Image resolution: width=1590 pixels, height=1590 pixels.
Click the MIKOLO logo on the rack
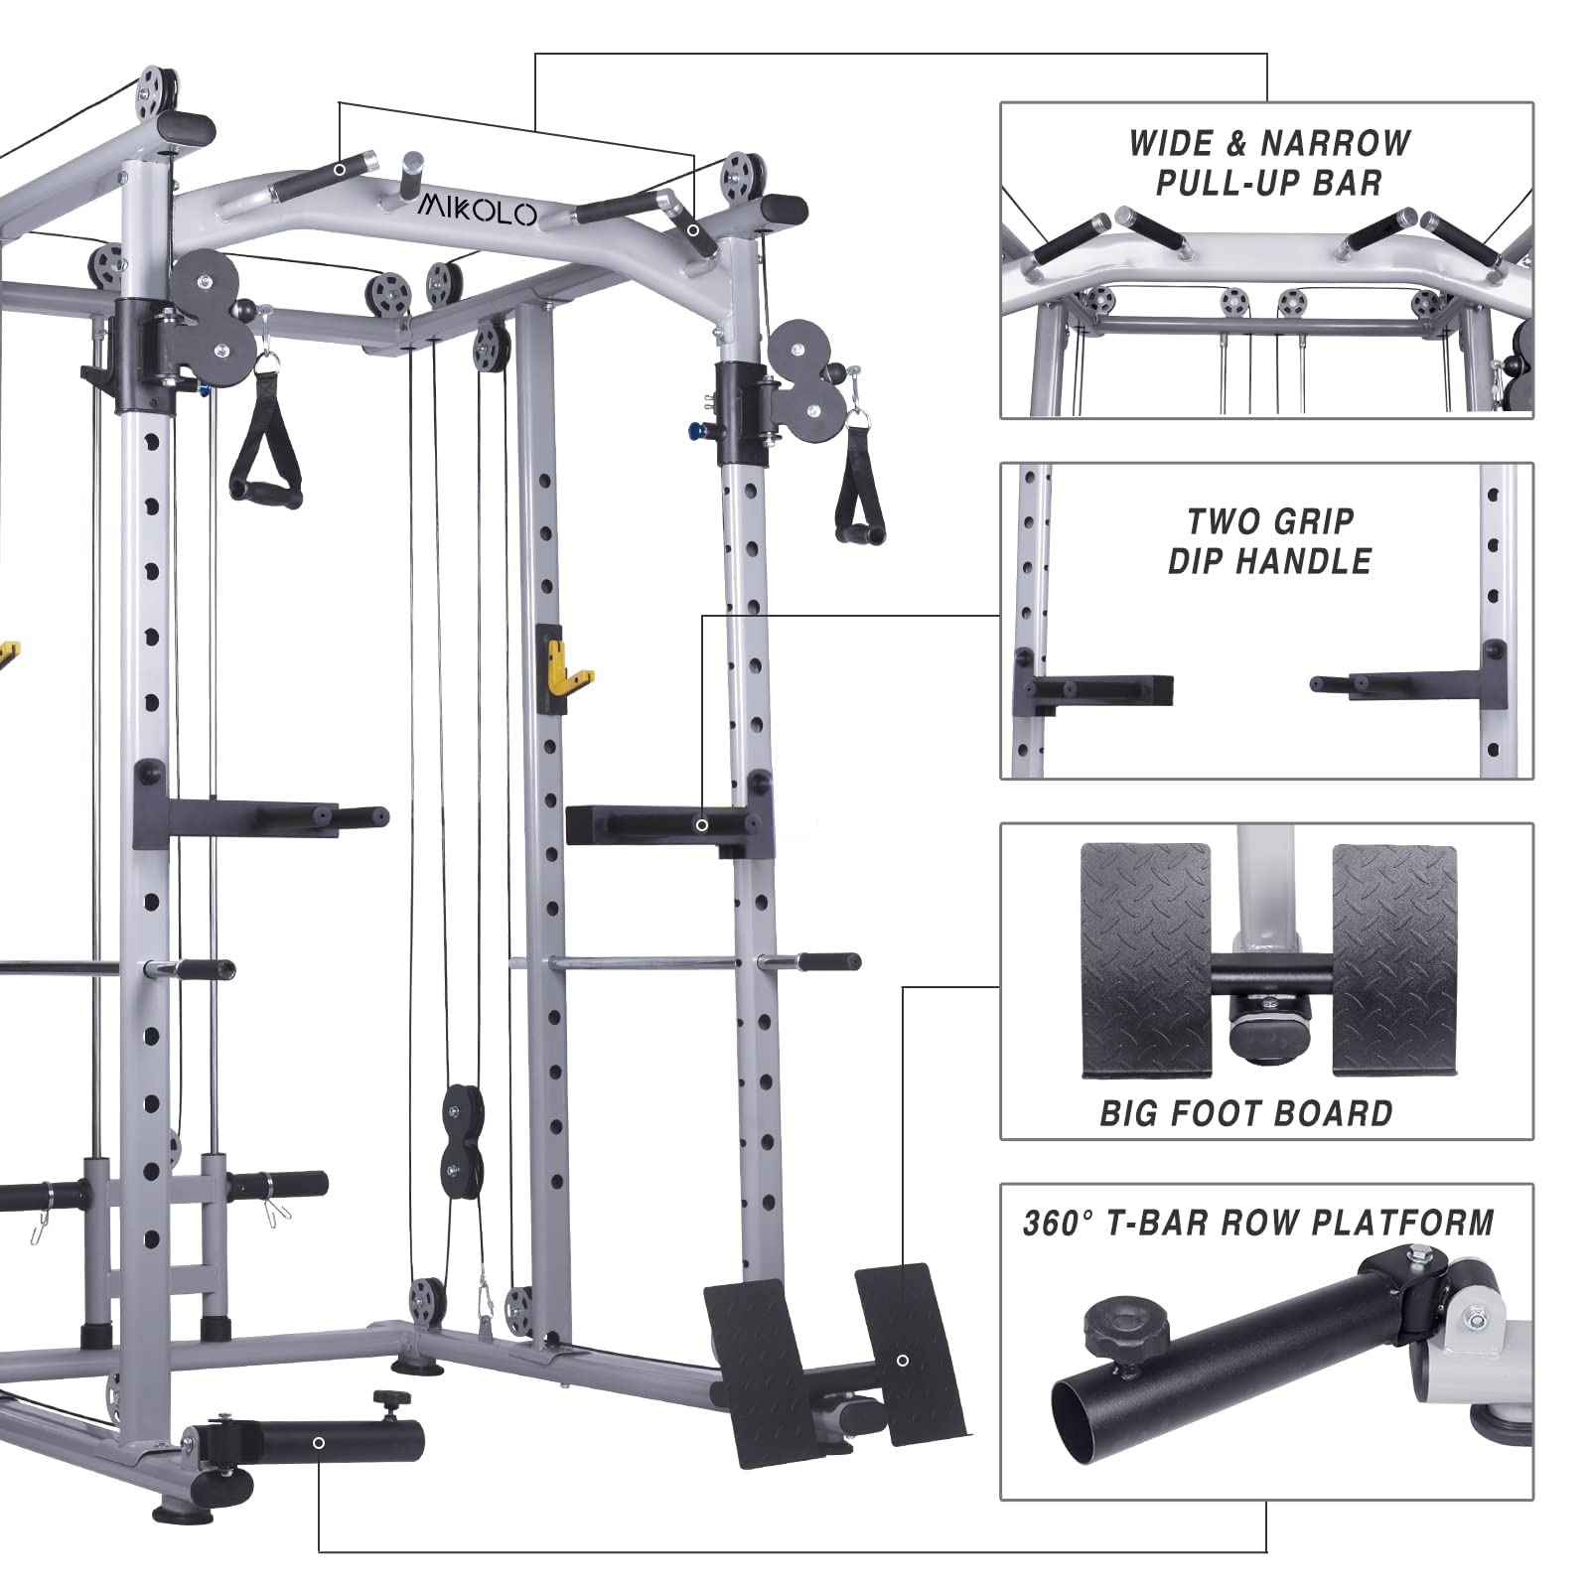(x=477, y=211)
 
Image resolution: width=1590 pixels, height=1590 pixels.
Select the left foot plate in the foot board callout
(x=1146, y=958)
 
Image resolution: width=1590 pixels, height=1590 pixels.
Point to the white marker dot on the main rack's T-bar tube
(x=319, y=1442)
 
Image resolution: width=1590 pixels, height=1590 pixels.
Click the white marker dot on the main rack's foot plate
(x=902, y=1361)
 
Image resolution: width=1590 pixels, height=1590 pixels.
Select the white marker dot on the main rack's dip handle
(x=702, y=825)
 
